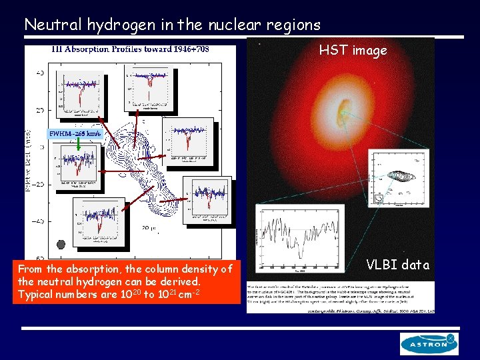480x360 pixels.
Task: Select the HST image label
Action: coord(353,51)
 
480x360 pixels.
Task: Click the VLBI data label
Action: coord(398,265)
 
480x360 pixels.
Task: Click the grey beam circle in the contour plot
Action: coord(62,244)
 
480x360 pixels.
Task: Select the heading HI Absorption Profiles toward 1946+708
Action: coord(130,49)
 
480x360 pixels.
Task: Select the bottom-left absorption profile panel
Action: coord(99,221)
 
